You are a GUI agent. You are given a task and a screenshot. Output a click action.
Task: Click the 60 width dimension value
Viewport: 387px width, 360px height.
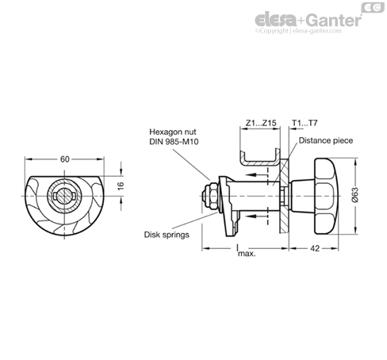point(65,159)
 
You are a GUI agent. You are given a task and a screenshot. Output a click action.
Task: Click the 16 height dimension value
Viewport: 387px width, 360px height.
point(121,186)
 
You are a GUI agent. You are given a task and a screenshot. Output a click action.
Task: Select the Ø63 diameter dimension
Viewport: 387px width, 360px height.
point(355,195)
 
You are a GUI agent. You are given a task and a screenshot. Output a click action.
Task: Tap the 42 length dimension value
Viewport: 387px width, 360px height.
point(315,248)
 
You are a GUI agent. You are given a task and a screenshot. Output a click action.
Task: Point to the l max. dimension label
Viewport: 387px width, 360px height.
point(246,251)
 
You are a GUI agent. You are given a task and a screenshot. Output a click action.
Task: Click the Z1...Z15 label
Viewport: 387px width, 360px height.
point(261,123)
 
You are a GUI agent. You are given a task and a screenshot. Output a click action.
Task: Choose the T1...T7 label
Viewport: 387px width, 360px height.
point(305,123)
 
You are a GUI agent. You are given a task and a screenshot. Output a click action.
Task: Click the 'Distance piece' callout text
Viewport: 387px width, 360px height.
point(326,140)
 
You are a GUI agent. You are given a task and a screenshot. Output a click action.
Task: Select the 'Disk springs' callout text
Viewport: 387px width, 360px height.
point(167,235)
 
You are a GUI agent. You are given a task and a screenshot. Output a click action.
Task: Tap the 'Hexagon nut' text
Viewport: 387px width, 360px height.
point(173,132)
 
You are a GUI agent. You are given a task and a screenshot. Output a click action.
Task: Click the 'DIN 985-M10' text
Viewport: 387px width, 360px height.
point(174,142)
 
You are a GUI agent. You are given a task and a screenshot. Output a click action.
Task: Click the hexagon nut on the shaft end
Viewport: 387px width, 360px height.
point(211,196)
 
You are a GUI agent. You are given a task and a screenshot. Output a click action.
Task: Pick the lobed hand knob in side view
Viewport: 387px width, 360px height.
point(326,196)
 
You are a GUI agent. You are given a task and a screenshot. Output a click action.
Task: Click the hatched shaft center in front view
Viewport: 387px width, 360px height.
point(64,196)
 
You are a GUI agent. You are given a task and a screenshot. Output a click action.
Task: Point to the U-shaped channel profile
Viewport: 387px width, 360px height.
point(260,158)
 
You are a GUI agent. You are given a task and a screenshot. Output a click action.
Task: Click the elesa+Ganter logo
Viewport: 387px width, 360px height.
point(308,20)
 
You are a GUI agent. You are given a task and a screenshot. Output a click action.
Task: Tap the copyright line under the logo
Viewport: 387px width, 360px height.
point(298,31)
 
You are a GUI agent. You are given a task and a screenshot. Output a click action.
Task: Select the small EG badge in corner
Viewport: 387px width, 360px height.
point(373,7)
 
